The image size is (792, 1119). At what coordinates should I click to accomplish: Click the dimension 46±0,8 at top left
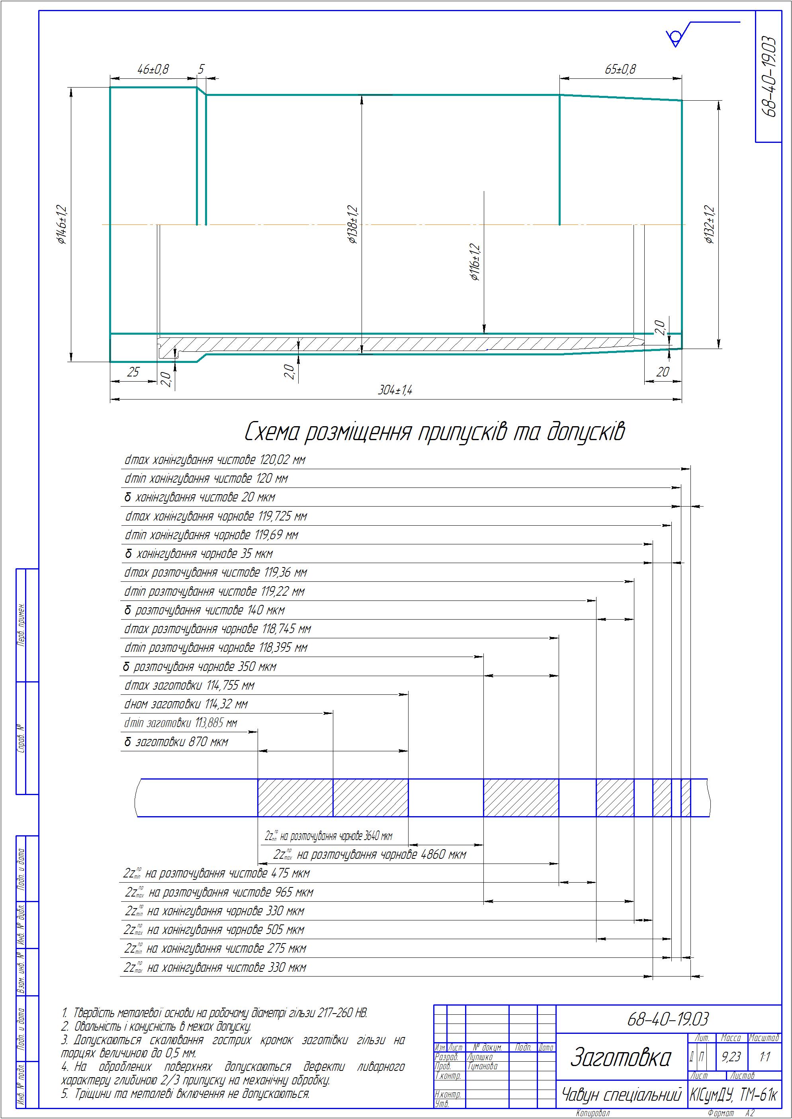click(x=153, y=69)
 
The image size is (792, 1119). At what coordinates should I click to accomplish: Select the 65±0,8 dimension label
click(x=620, y=69)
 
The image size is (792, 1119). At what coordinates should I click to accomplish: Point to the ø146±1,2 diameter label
click(x=62, y=224)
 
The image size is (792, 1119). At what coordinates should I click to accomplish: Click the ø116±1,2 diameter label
click(x=475, y=263)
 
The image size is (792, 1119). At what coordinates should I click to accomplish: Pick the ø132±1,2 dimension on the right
click(x=709, y=225)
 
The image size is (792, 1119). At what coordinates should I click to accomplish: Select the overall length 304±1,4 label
click(x=395, y=390)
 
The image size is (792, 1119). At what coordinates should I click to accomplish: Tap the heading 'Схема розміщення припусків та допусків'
click(x=434, y=432)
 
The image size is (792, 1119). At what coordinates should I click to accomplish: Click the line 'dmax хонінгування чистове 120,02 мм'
click(x=215, y=460)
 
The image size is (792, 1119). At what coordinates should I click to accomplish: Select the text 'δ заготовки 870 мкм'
click(x=176, y=742)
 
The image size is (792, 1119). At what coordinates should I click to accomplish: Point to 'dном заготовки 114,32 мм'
click(x=186, y=704)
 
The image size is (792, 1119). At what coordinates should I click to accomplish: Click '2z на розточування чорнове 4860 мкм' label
click(x=370, y=854)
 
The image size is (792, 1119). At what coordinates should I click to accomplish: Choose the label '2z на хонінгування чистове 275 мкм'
click(x=215, y=948)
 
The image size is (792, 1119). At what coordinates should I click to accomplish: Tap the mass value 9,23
click(x=731, y=1057)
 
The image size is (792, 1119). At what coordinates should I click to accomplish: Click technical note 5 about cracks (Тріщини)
click(x=185, y=1094)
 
